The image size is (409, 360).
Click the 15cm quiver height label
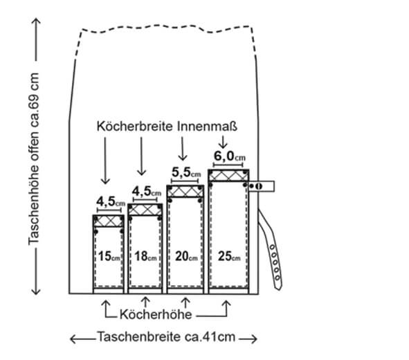coord(109,256)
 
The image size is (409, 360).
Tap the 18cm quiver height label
coord(145,256)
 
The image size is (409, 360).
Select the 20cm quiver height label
coord(186,256)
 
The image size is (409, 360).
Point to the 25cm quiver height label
coord(229,256)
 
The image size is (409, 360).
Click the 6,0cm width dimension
coord(230,156)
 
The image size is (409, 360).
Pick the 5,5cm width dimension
coord(186,172)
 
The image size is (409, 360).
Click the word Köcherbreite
coord(134,126)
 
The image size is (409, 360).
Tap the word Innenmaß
coord(208,126)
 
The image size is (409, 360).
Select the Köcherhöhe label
coord(156,314)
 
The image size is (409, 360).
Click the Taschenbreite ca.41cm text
coord(166,336)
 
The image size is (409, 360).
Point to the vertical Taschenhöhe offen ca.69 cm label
coord(34,159)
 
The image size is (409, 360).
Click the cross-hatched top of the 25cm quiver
coord(228,175)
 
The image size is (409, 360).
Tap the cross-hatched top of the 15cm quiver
coord(109,221)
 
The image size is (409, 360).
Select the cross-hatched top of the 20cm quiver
coord(185,191)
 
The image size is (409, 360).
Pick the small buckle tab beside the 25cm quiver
coord(261,186)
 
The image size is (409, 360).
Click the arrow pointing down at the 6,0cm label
coord(223,143)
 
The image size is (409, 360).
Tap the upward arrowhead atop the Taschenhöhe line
coord(36,21)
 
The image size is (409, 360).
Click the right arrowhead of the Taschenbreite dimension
coord(254,339)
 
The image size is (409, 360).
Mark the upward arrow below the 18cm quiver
coord(145,302)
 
